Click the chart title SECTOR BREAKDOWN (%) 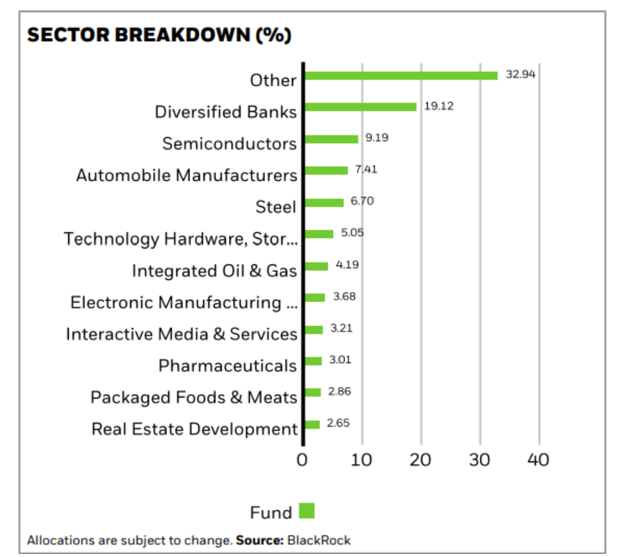[x=159, y=35]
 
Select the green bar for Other [x=401, y=75]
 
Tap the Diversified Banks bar [x=360, y=107]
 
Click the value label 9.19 [x=377, y=137]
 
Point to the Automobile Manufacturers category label [x=186, y=176]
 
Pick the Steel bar [x=324, y=202]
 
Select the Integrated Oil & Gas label [x=214, y=271]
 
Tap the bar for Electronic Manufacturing [x=315, y=297]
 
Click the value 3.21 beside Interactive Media [x=341, y=328]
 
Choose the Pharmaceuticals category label [x=227, y=365]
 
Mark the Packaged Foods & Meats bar [x=312, y=392]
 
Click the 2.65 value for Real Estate [x=338, y=423]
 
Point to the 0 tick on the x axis [x=302, y=460]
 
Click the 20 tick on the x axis [x=420, y=460]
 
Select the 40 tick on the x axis [x=538, y=460]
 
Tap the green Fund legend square [x=307, y=511]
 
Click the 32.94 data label [x=521, y=74]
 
